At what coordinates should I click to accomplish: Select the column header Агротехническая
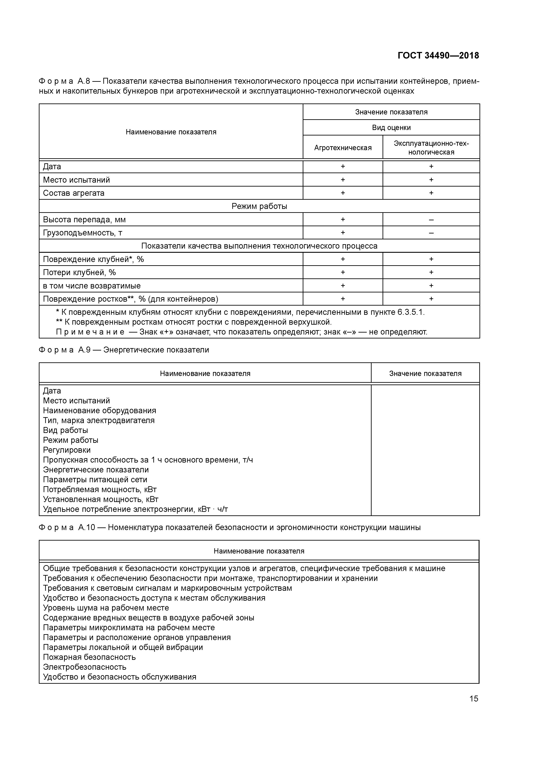(343, 148)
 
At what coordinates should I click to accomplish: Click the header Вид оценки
(391, 128)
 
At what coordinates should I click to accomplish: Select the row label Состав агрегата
(73, 193)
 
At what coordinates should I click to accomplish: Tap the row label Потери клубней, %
(79, 272)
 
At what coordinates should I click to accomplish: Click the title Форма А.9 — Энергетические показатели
(124, 350)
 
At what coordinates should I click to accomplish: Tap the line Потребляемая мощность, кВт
(100, 489)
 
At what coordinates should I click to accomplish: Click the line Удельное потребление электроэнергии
(135, 509)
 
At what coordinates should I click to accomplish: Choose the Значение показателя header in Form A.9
(425, 374)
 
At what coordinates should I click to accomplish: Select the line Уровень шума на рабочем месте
(106, 608)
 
